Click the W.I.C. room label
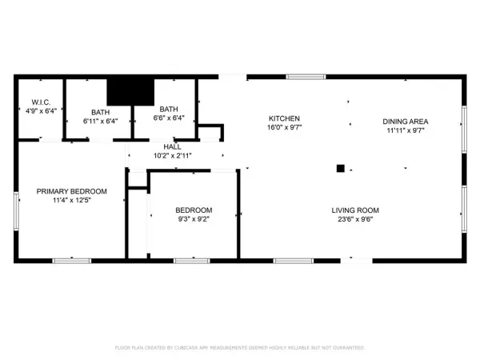pos(41,102)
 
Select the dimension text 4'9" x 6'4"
pos(41,112)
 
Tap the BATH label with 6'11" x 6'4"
pos(100,113)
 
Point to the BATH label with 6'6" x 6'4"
pos(169,110)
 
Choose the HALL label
pos(172,147)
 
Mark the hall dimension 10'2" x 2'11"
pos(172,157)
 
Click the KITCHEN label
pos(283,118)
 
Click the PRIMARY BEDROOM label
pos(72,191)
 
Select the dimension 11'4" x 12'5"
pos(72,201)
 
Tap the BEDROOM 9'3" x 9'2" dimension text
pos(194,219)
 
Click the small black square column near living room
pos(340,168)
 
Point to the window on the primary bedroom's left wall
pos(16,210)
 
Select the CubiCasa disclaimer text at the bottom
pos(240,347)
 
